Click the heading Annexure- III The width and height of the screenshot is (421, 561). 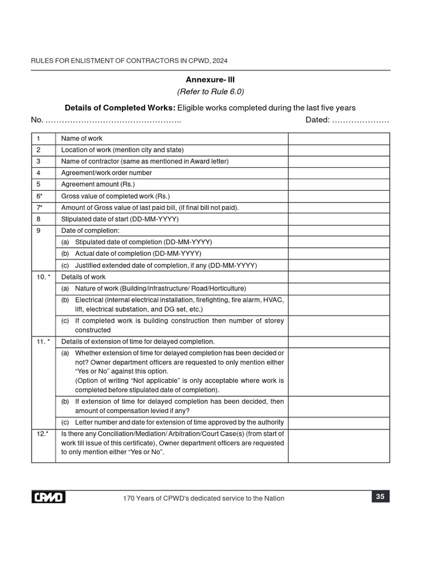tap(210, 79)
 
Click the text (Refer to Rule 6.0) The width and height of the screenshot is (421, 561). tap(210, 91)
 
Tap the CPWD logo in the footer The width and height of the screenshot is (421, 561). tap(48, 497)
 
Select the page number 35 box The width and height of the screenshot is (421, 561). tap(380, 497)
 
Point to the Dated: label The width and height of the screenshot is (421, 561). tap(317, 120)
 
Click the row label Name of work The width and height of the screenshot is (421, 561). tap(82, 139)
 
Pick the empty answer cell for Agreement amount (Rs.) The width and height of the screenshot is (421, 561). tap(339, 185)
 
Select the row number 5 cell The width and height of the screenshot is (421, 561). tap(39, 185)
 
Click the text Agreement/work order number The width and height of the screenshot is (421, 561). tap(106, 173)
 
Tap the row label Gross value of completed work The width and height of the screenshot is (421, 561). tap(115, 196)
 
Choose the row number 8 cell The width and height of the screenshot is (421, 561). tap(39, 219)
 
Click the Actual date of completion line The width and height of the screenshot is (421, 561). tap(138, 254)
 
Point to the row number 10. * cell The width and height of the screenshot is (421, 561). tap(43, 277)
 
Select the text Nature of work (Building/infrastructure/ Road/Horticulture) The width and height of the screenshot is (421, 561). tap(160, 289)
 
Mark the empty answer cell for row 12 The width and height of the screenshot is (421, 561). tap(339, 445)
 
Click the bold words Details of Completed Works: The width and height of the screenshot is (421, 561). tap(120, 107)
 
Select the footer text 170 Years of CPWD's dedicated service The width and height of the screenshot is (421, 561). tap(204, 498)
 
